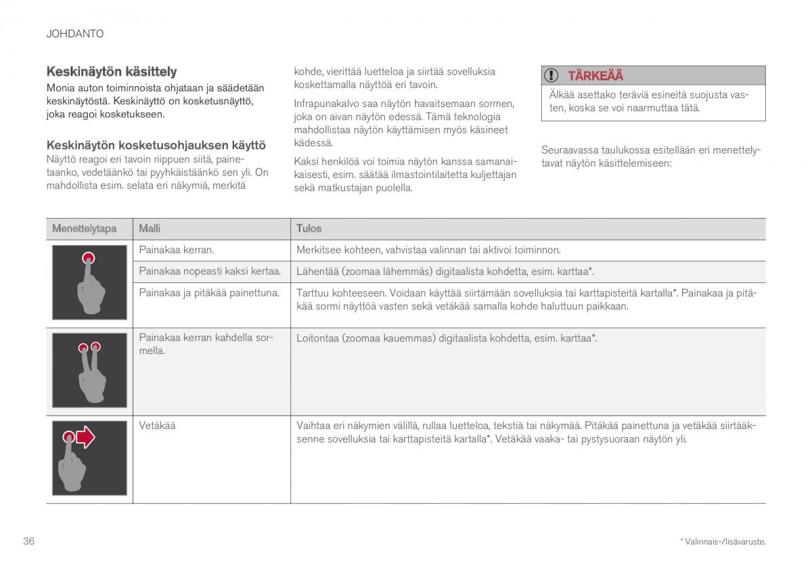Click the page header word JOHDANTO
74,33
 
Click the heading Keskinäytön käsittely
112,71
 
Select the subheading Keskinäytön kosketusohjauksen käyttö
156,145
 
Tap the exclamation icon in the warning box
553,75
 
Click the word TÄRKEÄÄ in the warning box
595,75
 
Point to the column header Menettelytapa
85,229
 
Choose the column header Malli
150,229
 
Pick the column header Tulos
309,229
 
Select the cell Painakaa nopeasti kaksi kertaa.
209,271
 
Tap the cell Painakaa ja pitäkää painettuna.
208,292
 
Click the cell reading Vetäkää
157,426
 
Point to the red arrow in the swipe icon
85,438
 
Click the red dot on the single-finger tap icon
88,257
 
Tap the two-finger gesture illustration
89,370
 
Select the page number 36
28,541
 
